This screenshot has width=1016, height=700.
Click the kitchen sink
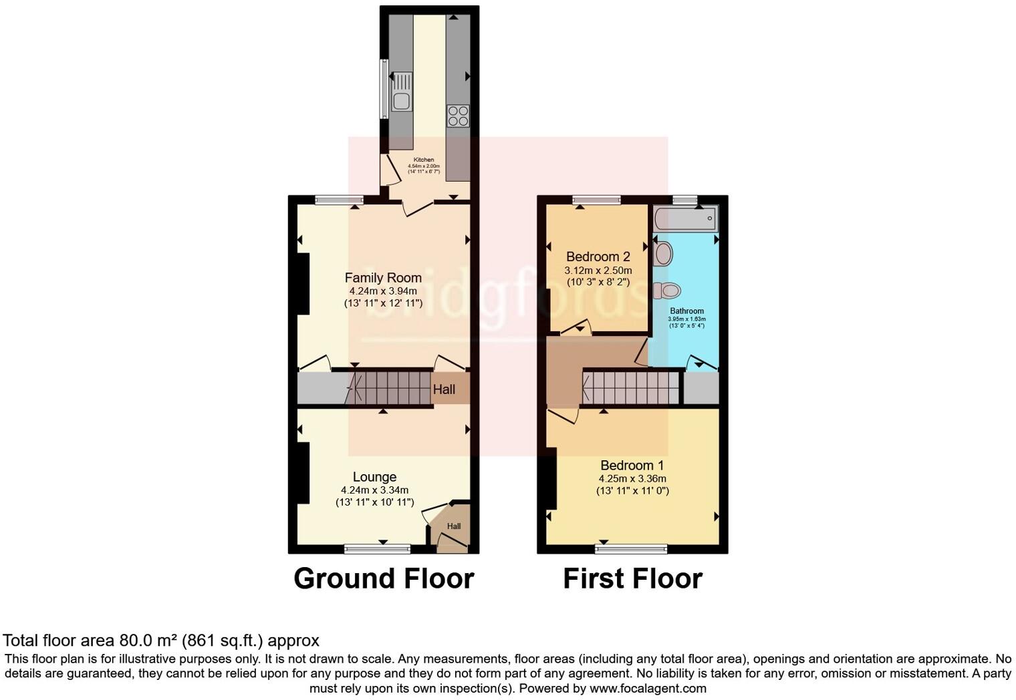coord(401,101)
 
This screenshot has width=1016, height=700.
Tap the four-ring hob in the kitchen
coord(459,116)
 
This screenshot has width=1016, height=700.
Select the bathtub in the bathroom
coord(685,218)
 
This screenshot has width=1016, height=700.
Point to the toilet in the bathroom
coord(667,291)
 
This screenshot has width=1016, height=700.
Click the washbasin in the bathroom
coord(663,253)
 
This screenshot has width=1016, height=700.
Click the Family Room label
coord(383,277)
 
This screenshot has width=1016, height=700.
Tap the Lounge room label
coord(374,477)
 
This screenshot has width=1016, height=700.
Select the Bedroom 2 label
coord(598,256)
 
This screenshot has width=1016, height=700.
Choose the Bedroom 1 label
coord(632,466)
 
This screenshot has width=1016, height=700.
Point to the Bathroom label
coord(686,311)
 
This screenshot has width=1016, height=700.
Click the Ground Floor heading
coord(384,578)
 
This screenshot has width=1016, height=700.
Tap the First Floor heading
coord(632,578)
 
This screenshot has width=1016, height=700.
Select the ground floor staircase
coord(390,388)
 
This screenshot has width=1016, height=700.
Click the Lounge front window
coord(377,549)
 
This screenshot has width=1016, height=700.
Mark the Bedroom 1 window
coord(631,549)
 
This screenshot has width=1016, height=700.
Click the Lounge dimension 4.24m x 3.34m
coord(374,490)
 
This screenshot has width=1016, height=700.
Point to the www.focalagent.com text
coord(647,688)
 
